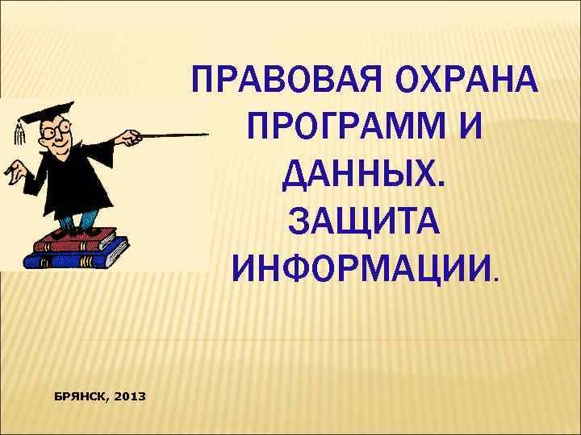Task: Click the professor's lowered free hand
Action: pyautogui.click(x=13, y=171)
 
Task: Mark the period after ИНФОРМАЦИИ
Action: pyautogui.click(x=496, y=280)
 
